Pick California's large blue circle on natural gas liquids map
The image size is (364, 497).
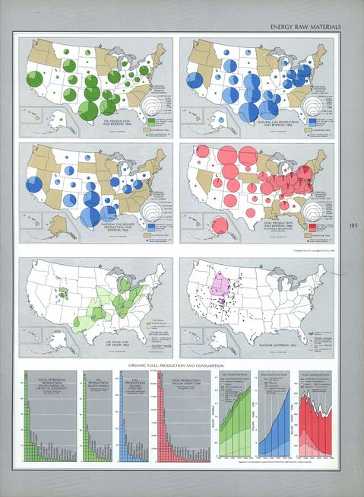(x=35, y=185)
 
